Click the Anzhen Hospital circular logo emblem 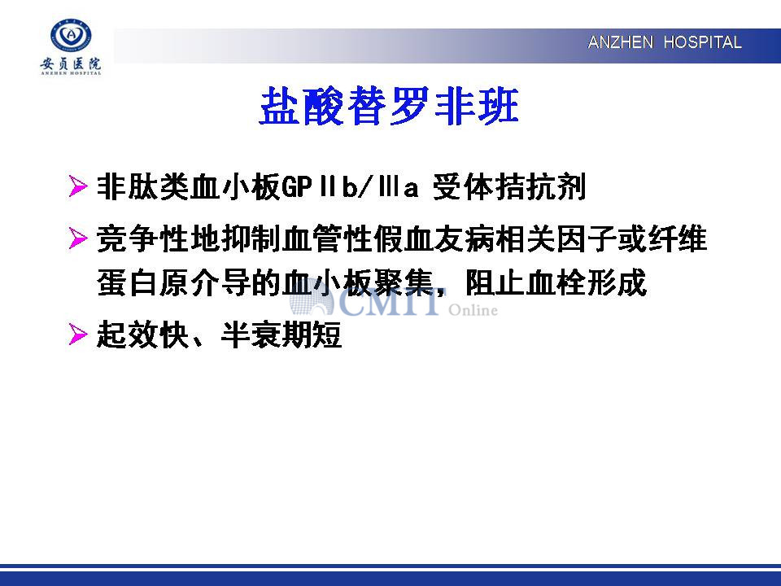click(x=71, y=35)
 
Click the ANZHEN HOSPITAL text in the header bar click(x=665, y=42)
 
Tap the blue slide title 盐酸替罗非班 click(x=390, y=106)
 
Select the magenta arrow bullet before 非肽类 click(x=78, y=186)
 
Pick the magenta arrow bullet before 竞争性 click(x=78, y=238)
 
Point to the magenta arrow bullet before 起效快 click(x=78, y=334)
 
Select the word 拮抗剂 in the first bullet click(x=540, y=187)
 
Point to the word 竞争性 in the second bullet click(x=142, y=238)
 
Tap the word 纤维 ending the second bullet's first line click(x=678, y=238)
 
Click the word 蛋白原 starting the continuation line click(x=142, y=282)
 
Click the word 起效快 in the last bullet click(x=142, y=335)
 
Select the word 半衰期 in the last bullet click(x=266, y=335)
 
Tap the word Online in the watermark click(x=473, y=310)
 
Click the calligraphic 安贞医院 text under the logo click(x=71, y=63)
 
